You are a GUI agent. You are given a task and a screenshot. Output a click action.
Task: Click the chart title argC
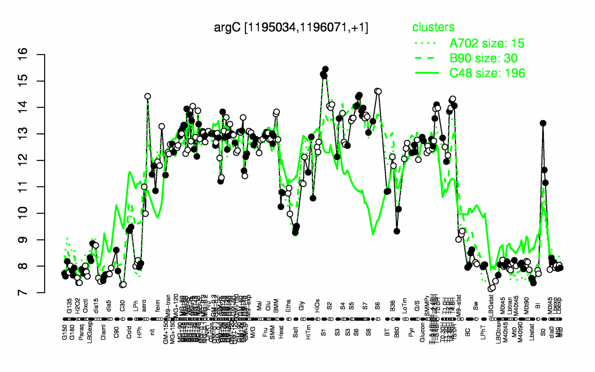(x=291, y=27)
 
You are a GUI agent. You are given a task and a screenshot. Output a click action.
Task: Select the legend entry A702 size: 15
(x=487, y=44)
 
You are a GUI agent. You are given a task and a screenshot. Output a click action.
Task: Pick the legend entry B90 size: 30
(x=483, y=58)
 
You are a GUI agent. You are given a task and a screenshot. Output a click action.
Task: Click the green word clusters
(x=433, y=27)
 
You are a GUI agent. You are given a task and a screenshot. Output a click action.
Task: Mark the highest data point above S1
(x=325, y=69)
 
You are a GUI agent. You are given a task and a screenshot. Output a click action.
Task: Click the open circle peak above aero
(x=147, y=96)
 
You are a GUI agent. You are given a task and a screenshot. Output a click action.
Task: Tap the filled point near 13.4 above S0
(x=542, y=123)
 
